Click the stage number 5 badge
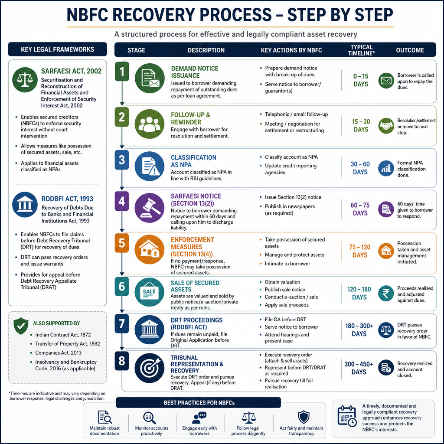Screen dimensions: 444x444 click(x=122, y=243)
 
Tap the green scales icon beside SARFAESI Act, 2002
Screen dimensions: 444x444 click(x=25, y=80)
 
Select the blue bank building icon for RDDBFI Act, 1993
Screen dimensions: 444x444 click(x=25, y=205)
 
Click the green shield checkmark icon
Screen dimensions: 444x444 click(x=21, y=326)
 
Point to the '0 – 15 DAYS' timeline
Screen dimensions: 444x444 click(x=361, y=80)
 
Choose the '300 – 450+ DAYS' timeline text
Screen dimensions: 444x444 click(x=359, y=368)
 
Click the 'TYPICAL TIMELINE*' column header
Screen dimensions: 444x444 click(x=361, y=50)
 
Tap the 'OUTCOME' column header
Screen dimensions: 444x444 click(x=410, y=50)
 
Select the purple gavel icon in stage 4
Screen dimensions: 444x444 click(x=150, y=208)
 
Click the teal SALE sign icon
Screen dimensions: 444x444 click(x=150, y=292)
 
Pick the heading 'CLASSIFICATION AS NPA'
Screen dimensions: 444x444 click(x=193, y=161)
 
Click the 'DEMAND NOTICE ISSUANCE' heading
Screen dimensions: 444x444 click(x=195, y=72)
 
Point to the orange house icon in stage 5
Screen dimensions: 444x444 click(x=150, y=249)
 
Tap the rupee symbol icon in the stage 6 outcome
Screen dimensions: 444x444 click(x=386, y=294)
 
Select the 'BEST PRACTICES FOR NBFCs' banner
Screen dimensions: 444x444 click(x=199, y=403)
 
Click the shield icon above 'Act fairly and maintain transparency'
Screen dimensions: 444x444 click(x=304, y=417)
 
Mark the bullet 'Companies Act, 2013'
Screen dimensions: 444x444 click(x=58, y=353)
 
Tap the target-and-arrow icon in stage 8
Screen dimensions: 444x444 click(x=150, y=368)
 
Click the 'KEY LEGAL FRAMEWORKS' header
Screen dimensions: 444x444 click(x=58, y=49)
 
